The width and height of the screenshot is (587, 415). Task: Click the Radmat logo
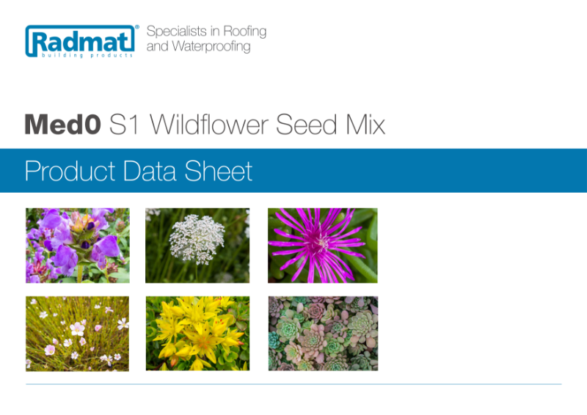81,41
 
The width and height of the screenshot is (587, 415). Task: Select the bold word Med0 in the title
62,125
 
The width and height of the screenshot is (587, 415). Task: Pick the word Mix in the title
365,125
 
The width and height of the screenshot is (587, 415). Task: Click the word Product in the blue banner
70,171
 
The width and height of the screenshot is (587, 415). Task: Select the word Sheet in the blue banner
219,171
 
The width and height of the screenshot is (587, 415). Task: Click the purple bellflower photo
78,246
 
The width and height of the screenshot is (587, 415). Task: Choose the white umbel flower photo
197,246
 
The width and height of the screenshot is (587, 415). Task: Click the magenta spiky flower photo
323,246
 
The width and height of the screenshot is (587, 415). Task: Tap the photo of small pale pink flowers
78,334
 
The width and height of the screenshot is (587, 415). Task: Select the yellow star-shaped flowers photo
197,334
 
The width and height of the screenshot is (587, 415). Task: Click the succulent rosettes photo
323,334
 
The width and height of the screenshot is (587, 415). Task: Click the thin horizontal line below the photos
293,384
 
